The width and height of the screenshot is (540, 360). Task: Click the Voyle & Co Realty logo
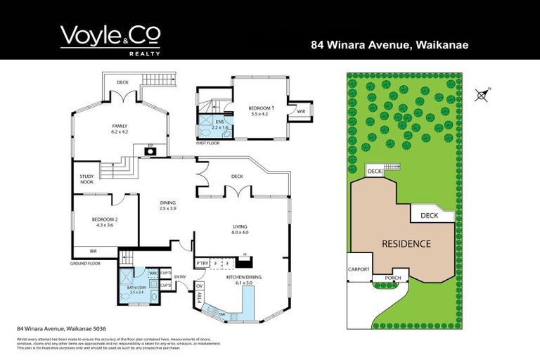tap(110, 39)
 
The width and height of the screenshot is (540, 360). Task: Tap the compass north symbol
tap(482, 95)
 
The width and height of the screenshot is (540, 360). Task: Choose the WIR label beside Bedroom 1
tap(300, 111)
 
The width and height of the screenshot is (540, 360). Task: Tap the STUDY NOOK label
tap(86, 179)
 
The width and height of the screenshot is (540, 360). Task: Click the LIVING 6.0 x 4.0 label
tap(240, 229)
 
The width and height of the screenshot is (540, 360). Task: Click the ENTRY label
tap(180, 277)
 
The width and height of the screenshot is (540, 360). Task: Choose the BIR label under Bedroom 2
tap(93, 251)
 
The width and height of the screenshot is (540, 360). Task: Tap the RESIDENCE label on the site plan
tap(406, 244)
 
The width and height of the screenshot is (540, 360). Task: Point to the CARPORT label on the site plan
tap(359, 269)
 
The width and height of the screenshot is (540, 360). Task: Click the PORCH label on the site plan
tap(393, 277)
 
